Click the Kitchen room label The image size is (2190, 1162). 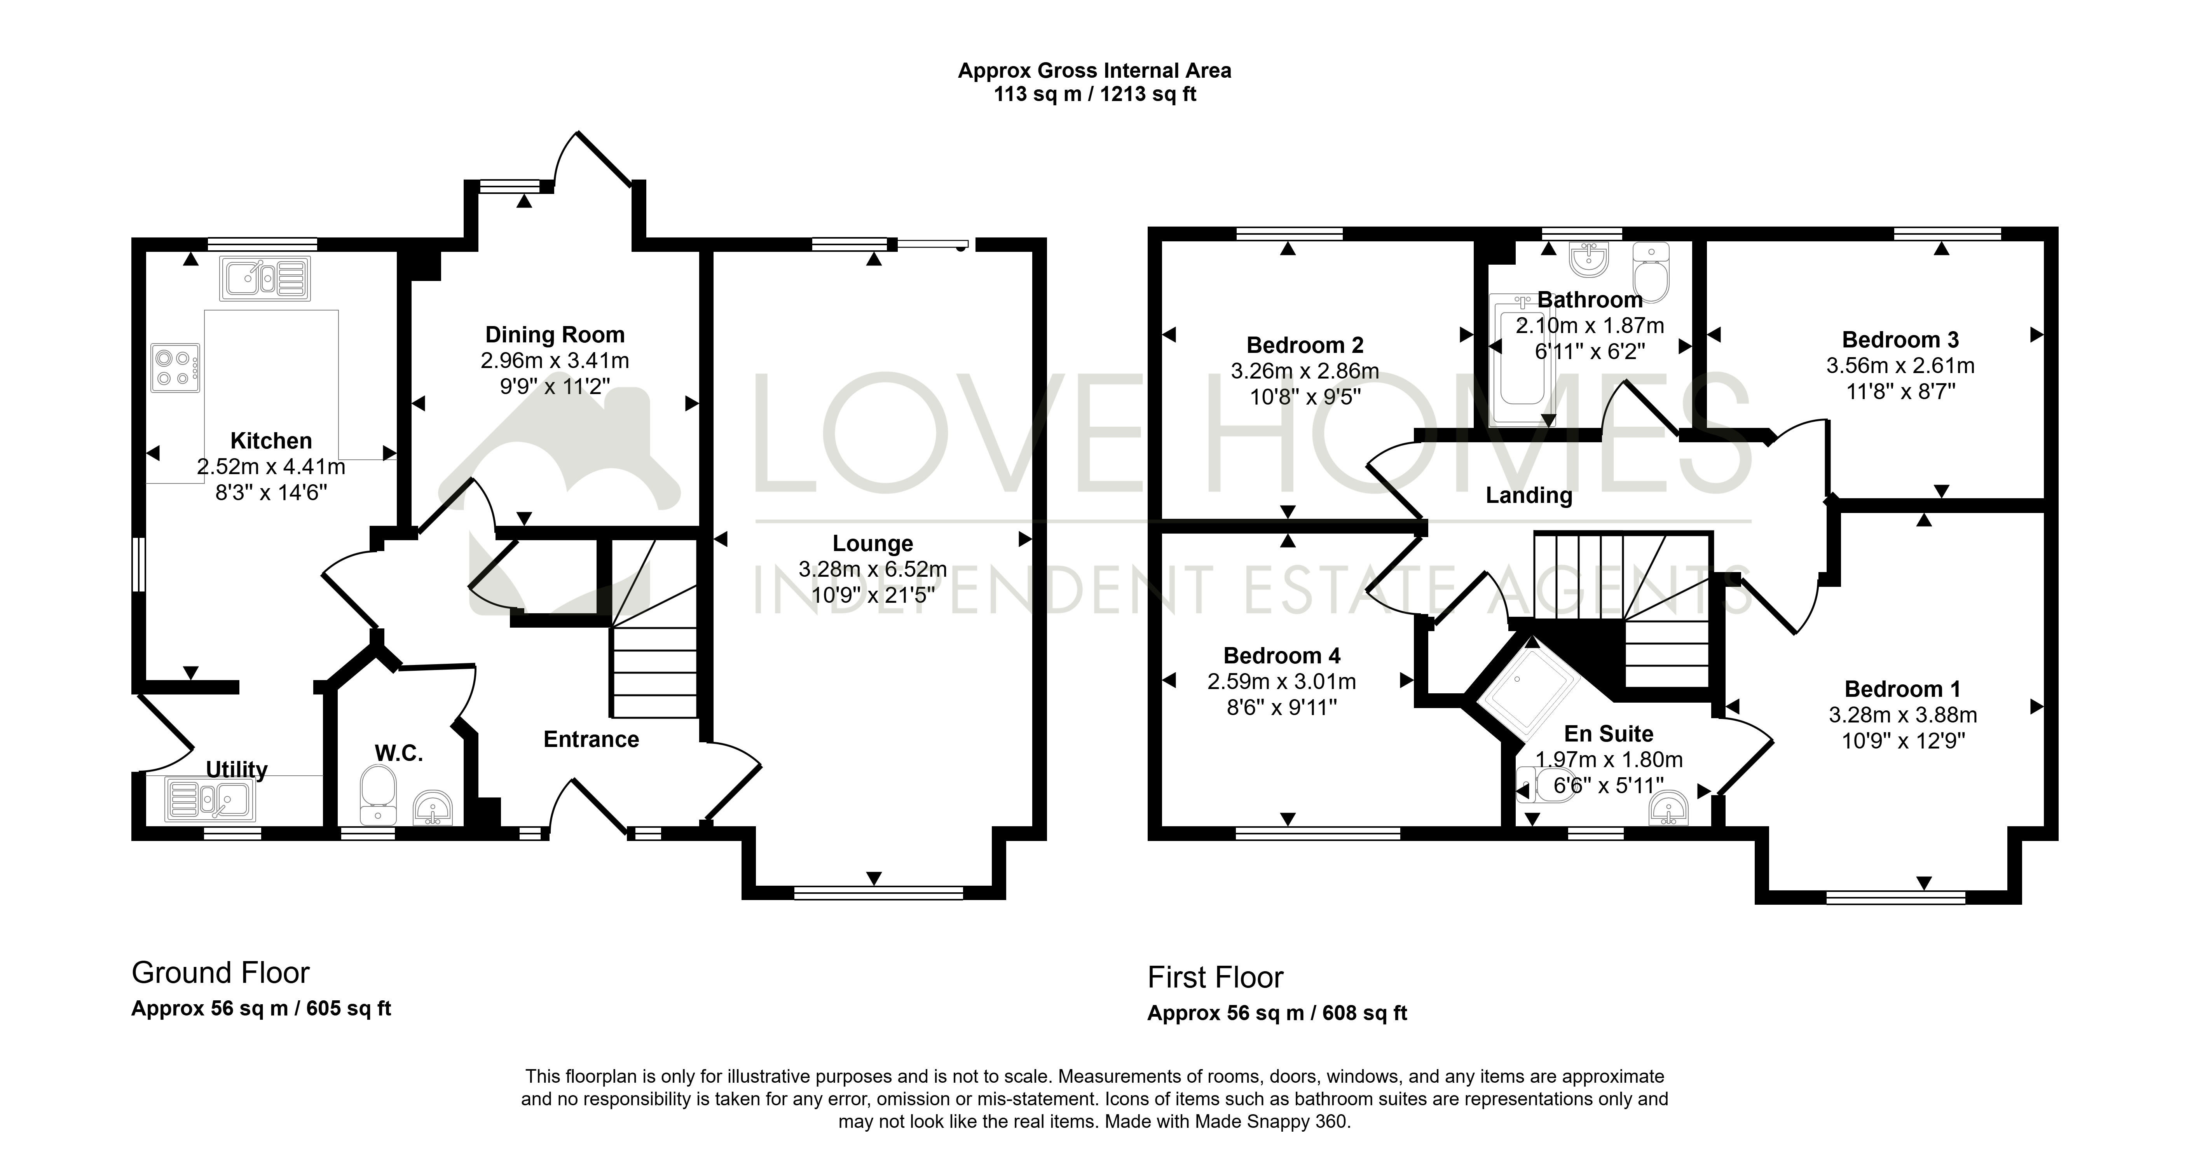pos(271,440)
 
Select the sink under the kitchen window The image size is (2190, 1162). pos(265,278)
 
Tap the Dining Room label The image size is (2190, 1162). pos(555,335)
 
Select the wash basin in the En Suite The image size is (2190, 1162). pos(1669,808)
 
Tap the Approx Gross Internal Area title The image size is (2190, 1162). pos(1095,71)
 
